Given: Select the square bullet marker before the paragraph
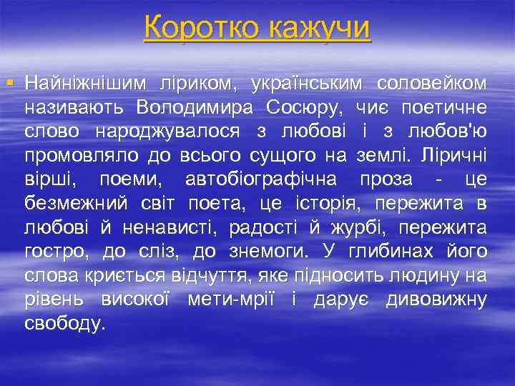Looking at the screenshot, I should (x=9, y=84).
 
